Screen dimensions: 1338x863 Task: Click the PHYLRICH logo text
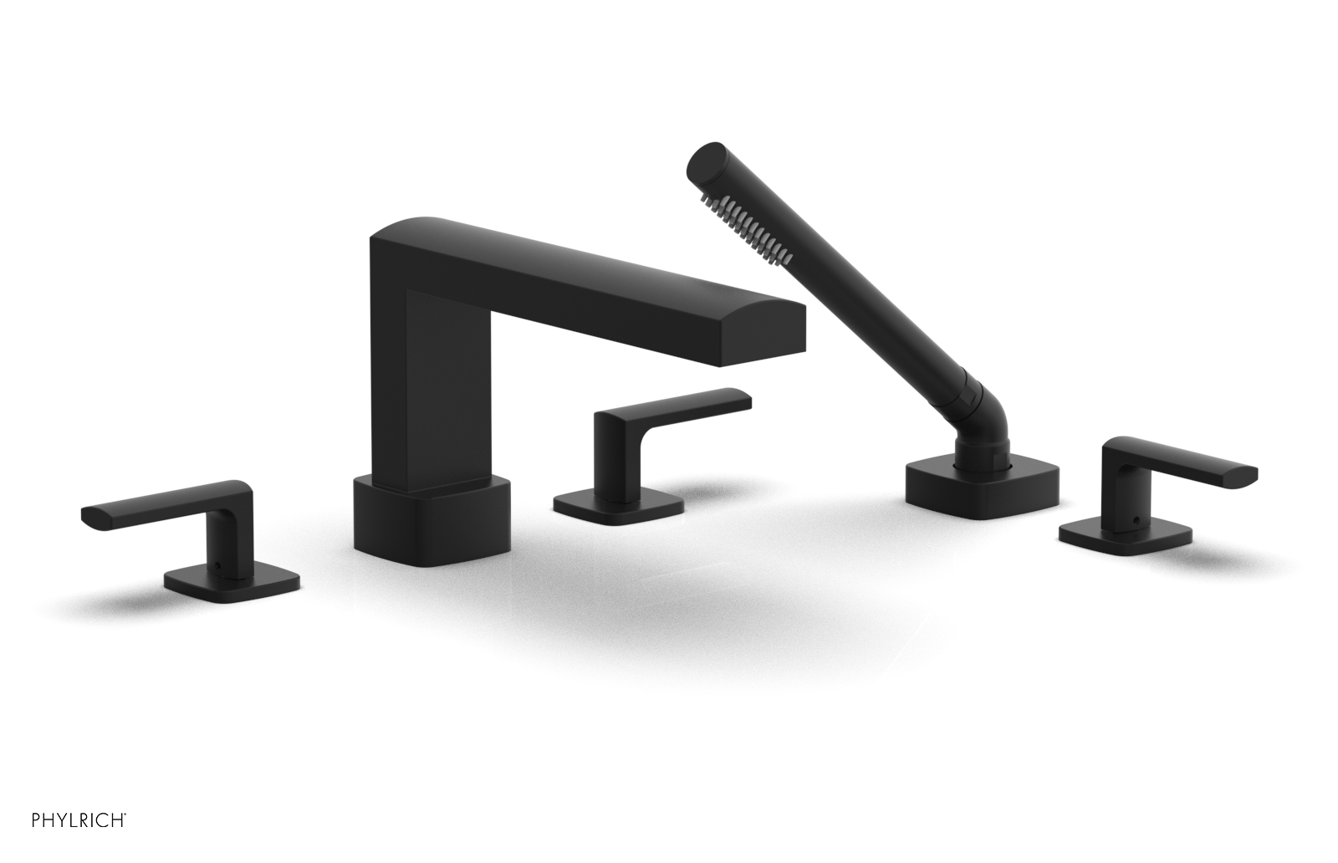[x=79, y=820]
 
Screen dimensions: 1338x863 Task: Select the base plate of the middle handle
[x=619, y=509]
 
